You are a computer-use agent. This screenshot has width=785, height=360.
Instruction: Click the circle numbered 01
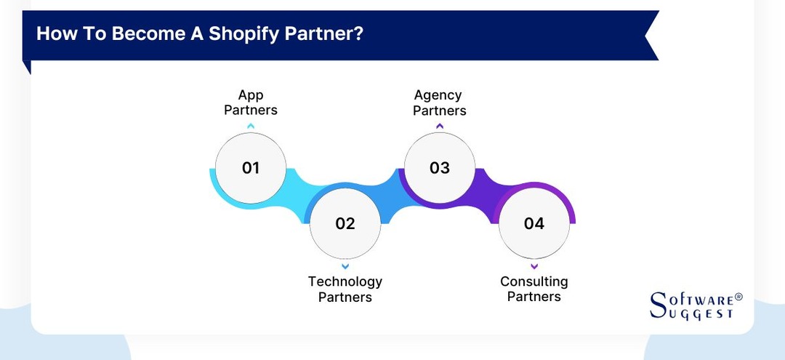[x=251, y=168]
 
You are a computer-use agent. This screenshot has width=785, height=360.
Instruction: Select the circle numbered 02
[x=345, y=223]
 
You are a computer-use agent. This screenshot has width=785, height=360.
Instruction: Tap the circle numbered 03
[x=439, y=168]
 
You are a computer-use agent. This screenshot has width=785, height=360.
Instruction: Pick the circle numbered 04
[x=534, y=223]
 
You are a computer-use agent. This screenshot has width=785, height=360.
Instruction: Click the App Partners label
[x=251, y=103]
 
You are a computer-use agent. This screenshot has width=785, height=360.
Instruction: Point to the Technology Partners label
[x=345, y=289]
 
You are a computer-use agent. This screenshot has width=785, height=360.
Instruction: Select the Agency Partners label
[x=439, y=103]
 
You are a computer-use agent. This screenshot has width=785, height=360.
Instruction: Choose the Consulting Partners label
[x=534, y=289]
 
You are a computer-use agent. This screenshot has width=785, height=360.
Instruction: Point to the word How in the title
[x=53, y=34]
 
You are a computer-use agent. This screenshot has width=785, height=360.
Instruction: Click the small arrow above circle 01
[x=251, y=126]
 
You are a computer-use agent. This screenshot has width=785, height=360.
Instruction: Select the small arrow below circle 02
[x=345, y=266]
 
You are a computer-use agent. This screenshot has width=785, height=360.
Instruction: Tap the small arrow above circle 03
[x=439, y=126]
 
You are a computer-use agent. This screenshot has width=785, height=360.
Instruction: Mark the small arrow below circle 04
[x=534, y=266]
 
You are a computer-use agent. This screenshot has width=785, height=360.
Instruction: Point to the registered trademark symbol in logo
[x=738, y=297]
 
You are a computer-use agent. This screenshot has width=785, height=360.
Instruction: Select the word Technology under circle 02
[x=345, y=281]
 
